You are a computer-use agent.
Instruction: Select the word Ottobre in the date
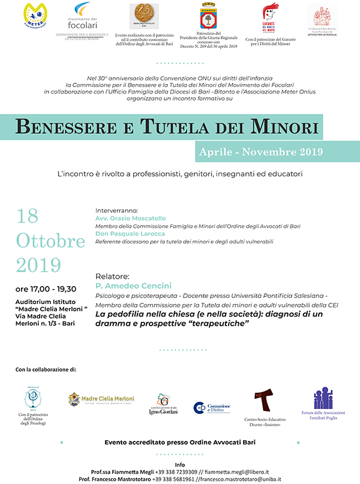[x=50, y=241]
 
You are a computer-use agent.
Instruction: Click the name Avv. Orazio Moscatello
[x=130, y=219]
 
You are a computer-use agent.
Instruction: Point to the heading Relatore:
[x=112, y=277]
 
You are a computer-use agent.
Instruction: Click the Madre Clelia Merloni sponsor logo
[x=101, y=399]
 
